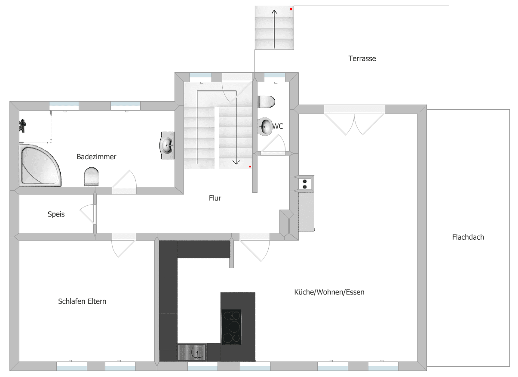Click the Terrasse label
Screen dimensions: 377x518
click(362, 59)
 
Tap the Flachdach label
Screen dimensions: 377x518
click(468, 237)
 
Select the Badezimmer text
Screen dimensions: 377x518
click(96, 157)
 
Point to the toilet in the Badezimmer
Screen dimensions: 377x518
click(91, 177)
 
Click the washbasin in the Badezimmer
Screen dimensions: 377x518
click(167, 145)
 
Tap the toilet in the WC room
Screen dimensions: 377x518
click(266, 102)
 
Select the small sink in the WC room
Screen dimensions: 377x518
click(265, 126)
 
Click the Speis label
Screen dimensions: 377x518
click(56, 214)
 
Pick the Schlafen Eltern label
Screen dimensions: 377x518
click(82, 301)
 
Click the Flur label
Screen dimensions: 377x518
click(215, 198)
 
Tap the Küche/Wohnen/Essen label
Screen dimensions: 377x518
click(329, 292)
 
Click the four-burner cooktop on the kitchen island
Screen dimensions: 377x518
click(231, 327)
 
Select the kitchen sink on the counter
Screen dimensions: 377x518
click(192, 352)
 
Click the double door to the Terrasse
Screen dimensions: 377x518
click(354, 123)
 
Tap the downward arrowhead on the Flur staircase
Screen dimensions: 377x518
click(236, 162)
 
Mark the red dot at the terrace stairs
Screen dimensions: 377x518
click(291, 9)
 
